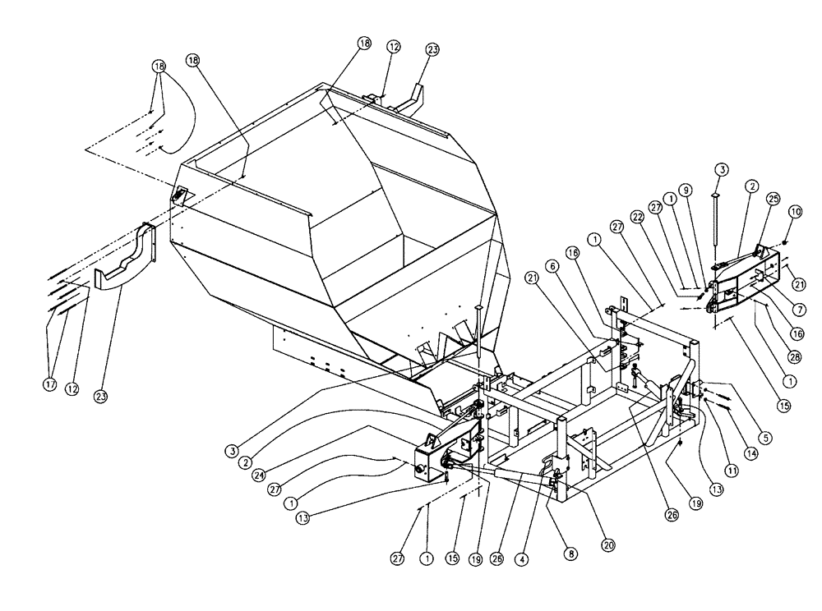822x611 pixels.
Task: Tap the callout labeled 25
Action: tap(772, 198)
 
